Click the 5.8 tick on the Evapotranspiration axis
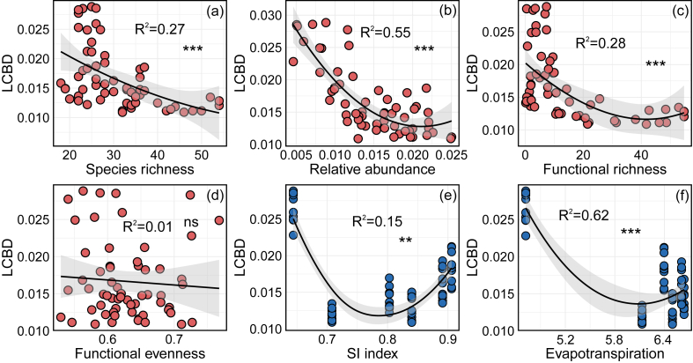click(614, 337)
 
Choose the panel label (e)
click(445, 196)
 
